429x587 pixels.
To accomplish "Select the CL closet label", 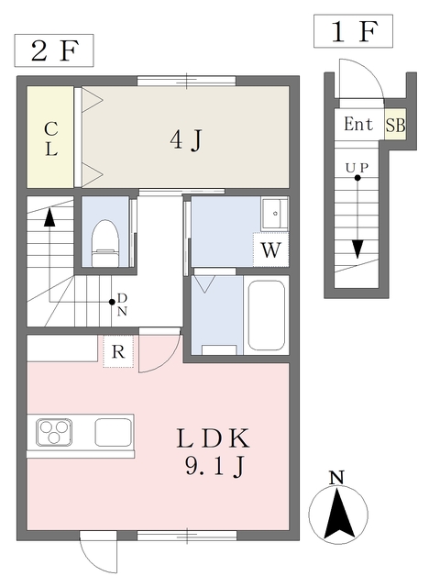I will tap(51, 138).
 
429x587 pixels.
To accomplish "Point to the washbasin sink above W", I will tap(273, 214).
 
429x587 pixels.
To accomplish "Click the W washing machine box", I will tap(270, 249).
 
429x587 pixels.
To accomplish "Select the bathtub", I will tap(267, 316).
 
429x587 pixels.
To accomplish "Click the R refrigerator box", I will tap(118, 351).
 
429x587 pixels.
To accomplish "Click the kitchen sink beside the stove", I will tap(114, 431).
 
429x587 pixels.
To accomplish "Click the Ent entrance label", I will tap(358, 125).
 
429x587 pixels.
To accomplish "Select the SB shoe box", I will tap(395, 125).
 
